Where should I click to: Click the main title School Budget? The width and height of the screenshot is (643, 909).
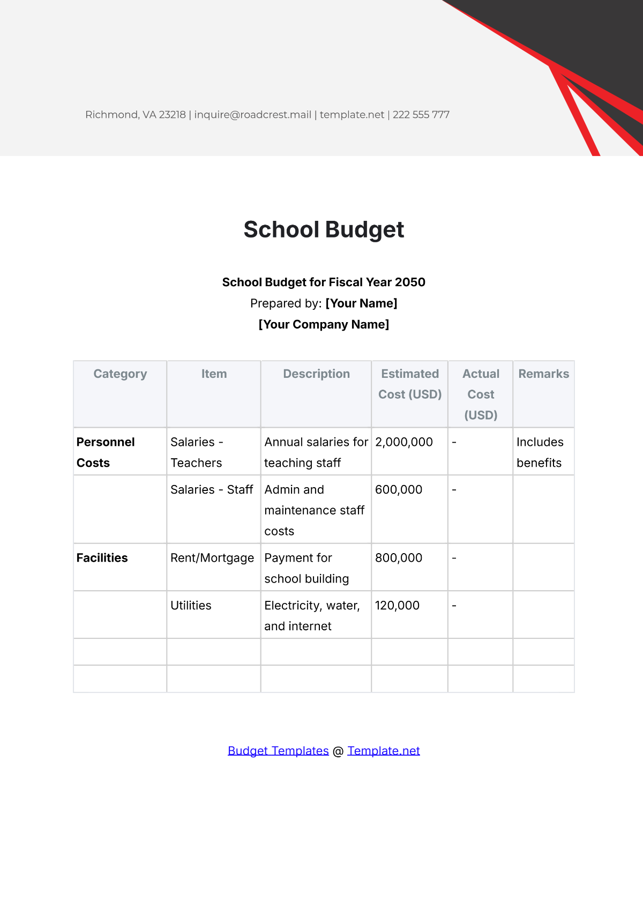[x=324, y=230]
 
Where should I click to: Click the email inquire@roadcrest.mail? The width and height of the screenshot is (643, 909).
[x=253, y=115]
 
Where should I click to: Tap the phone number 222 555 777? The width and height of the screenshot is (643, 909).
[x=421, y=115]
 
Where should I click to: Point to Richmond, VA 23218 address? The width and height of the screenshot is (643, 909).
[x=136, y=115]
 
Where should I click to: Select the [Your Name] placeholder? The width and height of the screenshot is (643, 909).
[x=361, y=303]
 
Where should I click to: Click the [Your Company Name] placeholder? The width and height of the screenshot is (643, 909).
[x=324, y=324]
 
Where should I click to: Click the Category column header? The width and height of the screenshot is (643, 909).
[x=120, y=374]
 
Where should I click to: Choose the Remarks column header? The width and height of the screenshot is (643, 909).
[x=543, y=374]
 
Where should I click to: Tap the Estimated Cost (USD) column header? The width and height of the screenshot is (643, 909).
[x=410, y=384]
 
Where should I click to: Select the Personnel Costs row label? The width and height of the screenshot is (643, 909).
[x=106, y=452]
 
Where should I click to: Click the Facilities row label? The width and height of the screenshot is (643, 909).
[x=102, y=558]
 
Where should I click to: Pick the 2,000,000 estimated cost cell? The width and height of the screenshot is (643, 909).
[x=404, y=442]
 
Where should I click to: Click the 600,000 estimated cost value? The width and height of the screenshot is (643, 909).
[x=399, y=490]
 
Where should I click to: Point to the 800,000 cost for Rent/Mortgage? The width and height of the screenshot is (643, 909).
[x=399, y=558]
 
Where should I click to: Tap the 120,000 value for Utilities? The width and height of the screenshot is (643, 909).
[x=397, y=606]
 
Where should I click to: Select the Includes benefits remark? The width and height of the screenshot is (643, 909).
[x=540, y=452]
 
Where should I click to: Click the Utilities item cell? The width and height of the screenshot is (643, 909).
[x=191, y=606]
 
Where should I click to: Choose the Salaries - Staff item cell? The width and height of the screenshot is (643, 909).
[x=212, y=490]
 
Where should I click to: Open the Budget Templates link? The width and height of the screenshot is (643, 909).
[x=278, y=751]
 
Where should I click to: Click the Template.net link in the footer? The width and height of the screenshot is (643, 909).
[x=384, y=751]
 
